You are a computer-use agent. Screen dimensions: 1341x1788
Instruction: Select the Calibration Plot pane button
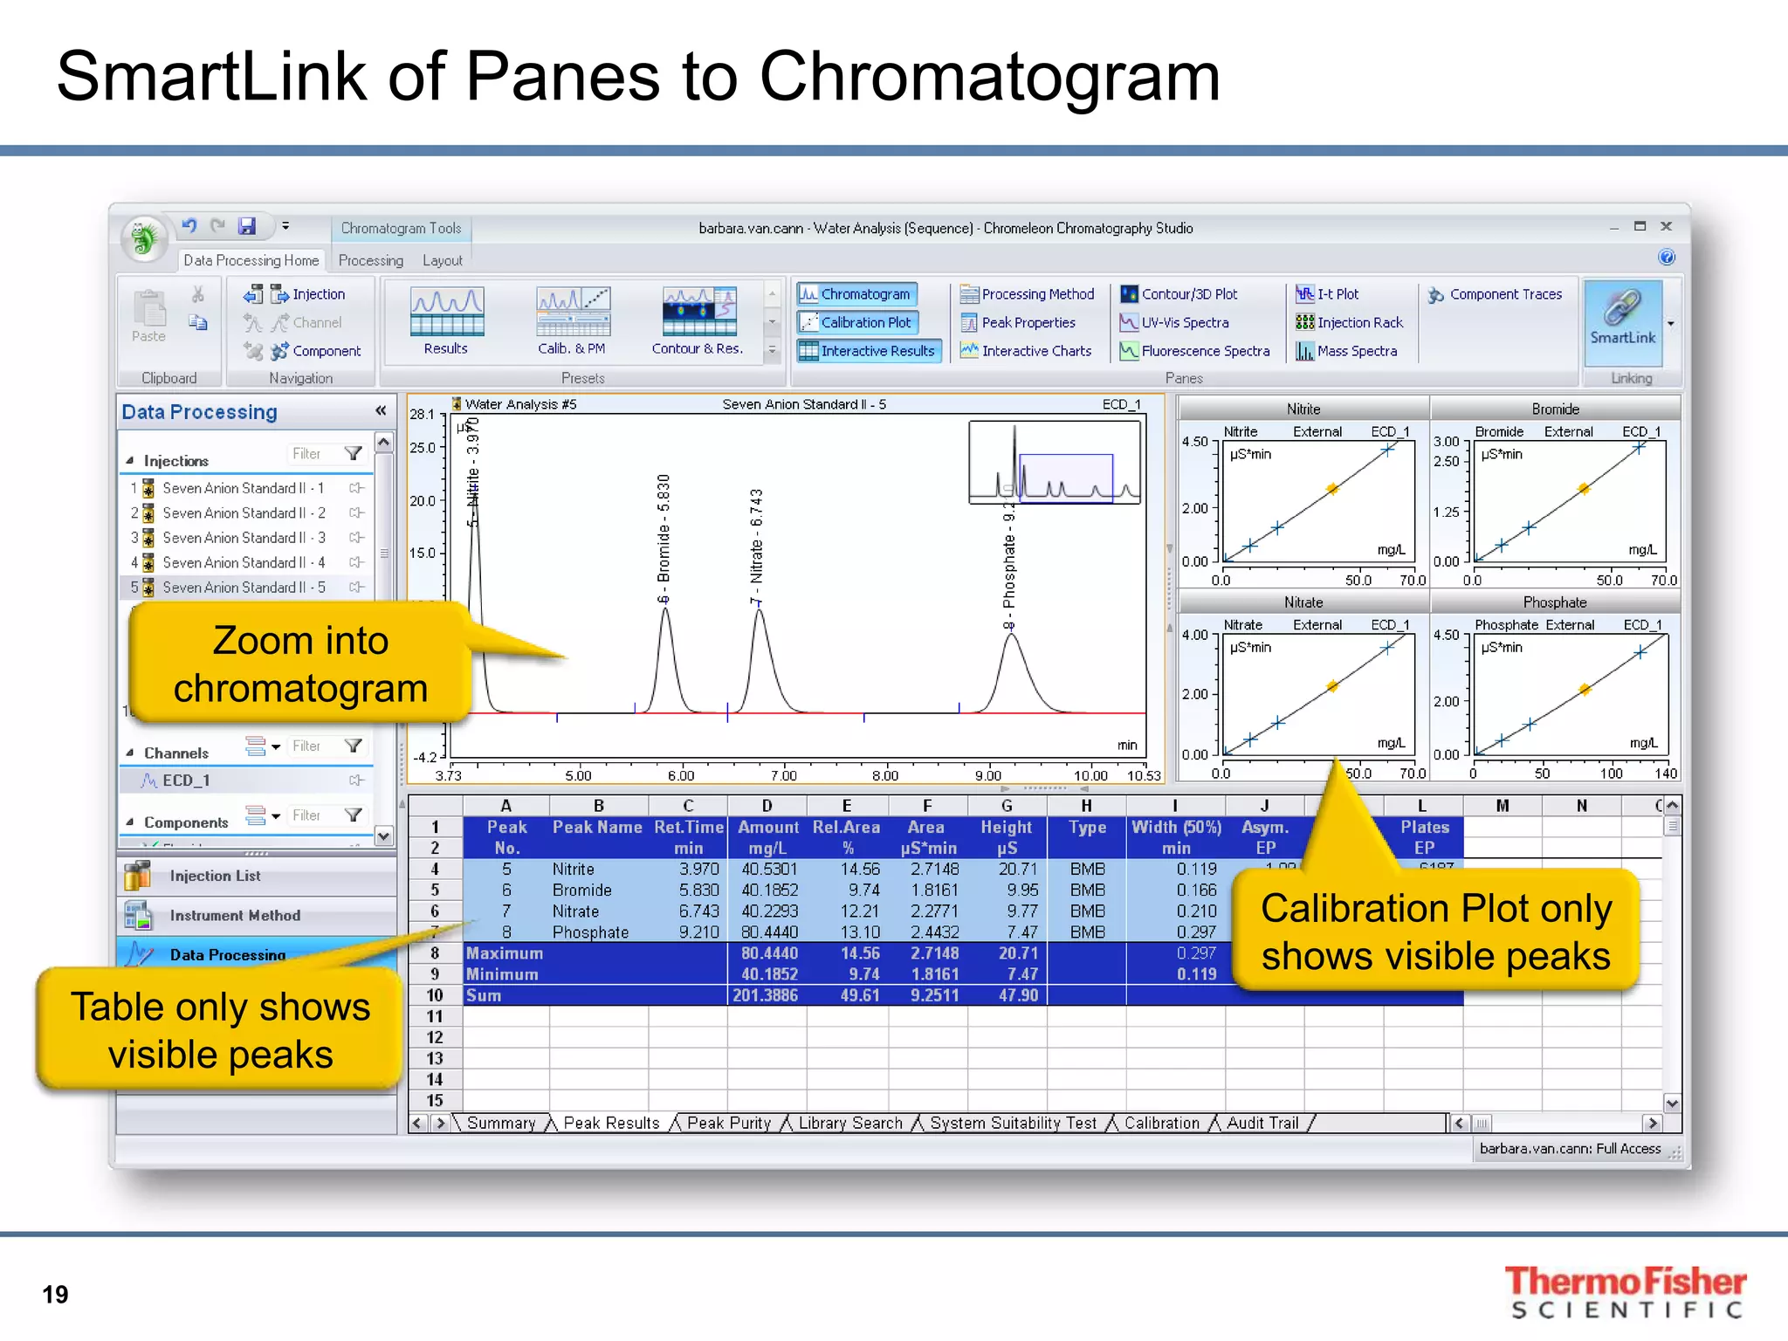click(x=856, y=322)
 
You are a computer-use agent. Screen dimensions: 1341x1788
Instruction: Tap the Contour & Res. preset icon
click(x=698, y=321)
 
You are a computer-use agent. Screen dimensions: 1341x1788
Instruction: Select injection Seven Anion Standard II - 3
click(x=244, y=538)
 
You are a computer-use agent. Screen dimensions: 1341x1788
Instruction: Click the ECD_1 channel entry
click(x=186, y=781)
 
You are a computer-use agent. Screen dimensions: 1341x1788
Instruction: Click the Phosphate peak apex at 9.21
click(x=1011, y=636)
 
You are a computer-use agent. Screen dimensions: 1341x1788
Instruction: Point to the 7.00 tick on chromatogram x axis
click(x=784, y=774)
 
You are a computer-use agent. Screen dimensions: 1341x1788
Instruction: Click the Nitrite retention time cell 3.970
click(x=698, y=870)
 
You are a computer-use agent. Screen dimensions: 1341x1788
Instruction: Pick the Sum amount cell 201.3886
click(x=765, y=995)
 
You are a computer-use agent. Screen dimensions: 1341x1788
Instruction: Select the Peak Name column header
click(x=597, y=827)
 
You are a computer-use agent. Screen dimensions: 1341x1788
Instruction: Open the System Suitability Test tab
click(x=1013, y=1124)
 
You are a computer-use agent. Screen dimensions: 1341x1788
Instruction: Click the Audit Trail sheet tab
click(x=1262, y=1124)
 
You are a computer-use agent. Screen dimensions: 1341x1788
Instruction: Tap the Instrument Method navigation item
click(x=234, y=916)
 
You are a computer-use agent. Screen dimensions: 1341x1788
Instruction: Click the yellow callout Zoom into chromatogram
click(x=299, y=664)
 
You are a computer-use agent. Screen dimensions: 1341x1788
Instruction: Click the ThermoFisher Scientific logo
click(x=1624, y=1291)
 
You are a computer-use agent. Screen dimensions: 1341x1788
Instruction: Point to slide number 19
click(x=55, y=1294)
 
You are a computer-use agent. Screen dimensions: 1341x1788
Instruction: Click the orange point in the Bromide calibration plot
click(x=1584, y=489)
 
